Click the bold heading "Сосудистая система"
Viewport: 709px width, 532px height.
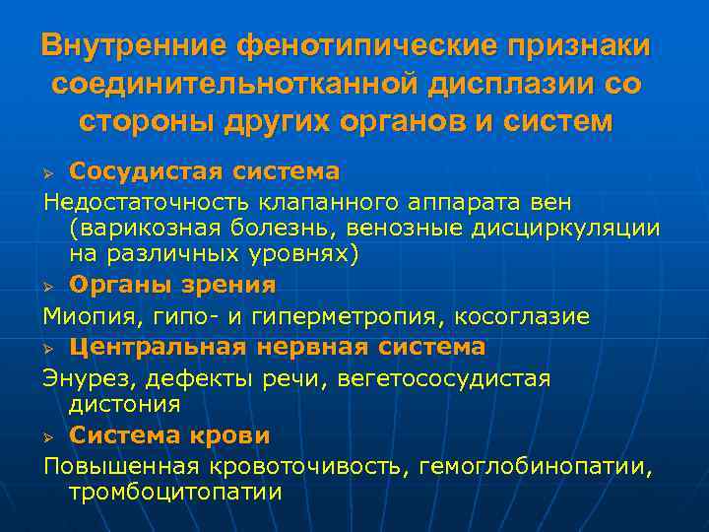point(205,171)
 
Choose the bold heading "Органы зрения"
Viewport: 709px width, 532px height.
point(172,284)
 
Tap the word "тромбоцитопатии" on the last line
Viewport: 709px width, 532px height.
point(175,492)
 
